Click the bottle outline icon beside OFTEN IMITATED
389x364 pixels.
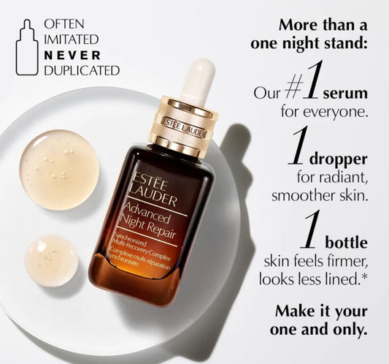coord(27,47)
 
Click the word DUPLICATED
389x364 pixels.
coord(82,70)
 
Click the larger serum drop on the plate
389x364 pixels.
coord(59,169)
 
